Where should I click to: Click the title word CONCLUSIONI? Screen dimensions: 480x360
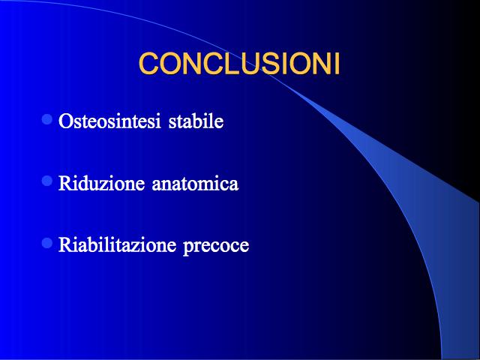tap(239, 64)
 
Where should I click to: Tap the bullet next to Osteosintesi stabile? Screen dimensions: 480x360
tap(46, 119)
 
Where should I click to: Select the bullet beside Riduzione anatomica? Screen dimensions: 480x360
tap(46, 181)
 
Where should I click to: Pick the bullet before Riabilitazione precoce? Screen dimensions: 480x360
tap(46, 243)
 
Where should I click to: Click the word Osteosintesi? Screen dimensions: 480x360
tap(109, 121)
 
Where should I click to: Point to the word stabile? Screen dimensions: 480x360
tap(196, 121)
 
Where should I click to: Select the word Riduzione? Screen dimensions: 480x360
tap(101, 183)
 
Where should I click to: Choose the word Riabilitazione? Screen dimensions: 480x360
tap(117, 245)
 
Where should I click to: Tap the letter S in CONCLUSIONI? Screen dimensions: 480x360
tap(264, 64)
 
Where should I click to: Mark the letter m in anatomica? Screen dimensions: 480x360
tap(208, 186)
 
